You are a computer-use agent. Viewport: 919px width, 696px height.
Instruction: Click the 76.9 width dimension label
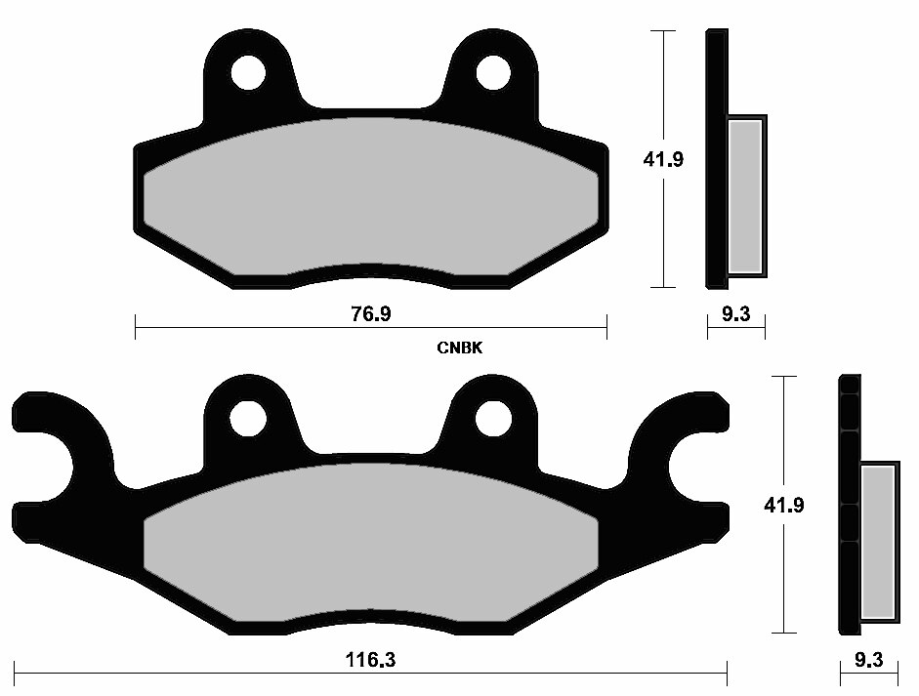(x=371, y=314)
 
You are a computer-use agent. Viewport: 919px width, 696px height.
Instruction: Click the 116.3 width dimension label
(x=371, y=660)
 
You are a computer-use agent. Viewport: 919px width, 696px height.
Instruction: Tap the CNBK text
(x=461, y=348)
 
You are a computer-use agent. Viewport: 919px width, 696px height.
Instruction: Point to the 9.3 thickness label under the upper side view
(x=736, y=314)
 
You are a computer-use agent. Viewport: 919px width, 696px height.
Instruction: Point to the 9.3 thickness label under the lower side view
(x=869, y=660)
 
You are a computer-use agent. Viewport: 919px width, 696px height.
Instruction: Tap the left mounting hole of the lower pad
(x=248, y=418)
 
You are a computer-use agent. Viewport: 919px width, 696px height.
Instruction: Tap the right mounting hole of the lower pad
(x=493, y=418)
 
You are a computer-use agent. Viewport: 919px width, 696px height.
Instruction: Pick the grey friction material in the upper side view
(x=746, y=195)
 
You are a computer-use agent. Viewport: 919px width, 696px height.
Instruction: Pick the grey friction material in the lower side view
(x=878, y=542)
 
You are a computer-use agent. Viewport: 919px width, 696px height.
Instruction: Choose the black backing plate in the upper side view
(x=716, y=156)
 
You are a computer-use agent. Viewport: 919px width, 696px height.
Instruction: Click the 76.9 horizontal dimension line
(x=244, y=328)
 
